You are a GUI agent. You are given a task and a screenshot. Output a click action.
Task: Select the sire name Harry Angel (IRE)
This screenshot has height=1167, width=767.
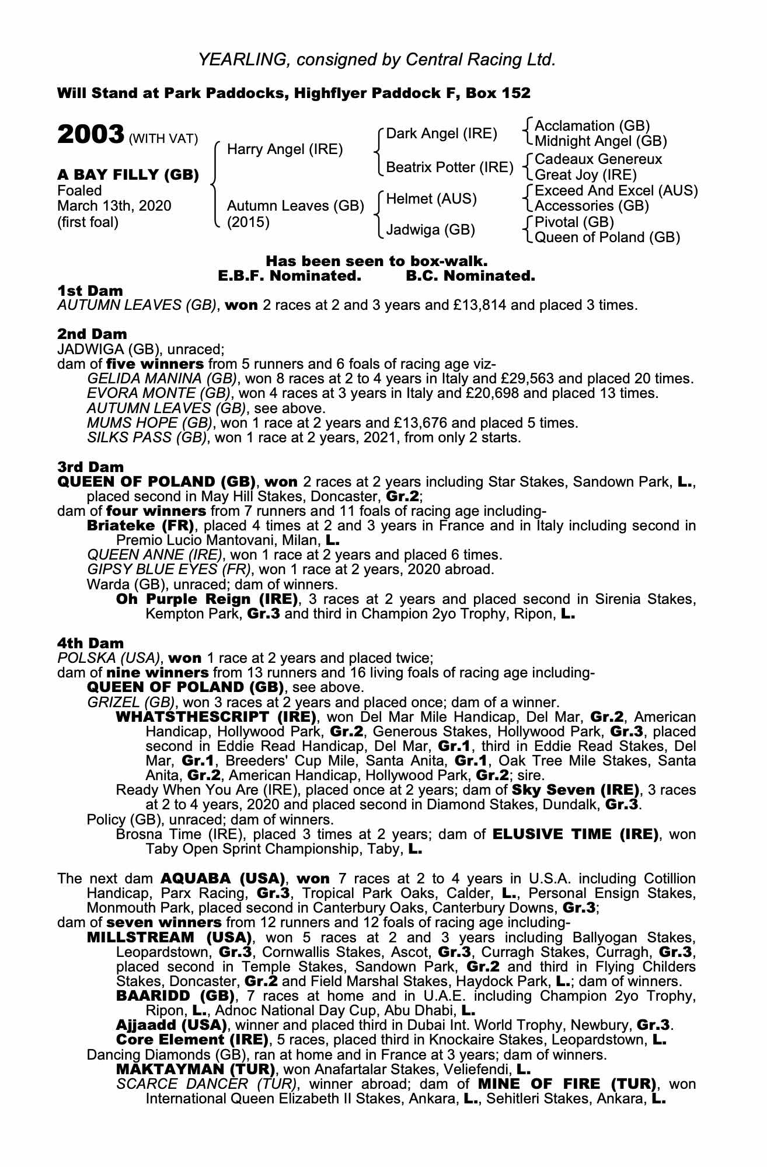point(284,149)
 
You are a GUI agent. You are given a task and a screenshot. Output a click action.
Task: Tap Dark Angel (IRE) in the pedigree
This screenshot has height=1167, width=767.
point(442,134)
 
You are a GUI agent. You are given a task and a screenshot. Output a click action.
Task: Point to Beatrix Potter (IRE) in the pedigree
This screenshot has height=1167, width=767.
point(449,167)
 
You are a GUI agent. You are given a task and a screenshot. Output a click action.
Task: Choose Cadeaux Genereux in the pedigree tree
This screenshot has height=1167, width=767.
point(598,159)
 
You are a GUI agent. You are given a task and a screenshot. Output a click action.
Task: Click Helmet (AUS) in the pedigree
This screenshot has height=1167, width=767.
point(431,199)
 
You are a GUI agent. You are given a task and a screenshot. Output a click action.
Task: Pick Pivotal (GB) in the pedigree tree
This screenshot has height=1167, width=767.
point(574,222)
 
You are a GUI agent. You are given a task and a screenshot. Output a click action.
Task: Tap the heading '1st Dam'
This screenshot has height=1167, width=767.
point(90,291)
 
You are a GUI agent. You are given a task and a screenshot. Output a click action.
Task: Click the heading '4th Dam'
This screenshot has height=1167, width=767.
point(90,643)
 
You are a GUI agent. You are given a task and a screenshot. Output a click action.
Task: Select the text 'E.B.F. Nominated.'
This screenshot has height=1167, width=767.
point(290,276)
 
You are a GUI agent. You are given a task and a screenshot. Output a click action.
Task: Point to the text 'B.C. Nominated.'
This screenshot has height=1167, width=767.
point(470,276)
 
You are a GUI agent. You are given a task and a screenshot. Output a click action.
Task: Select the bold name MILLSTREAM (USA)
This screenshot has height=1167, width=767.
point(169,938)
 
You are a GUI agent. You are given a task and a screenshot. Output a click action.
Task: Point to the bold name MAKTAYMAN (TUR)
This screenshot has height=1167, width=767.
point(196,1070)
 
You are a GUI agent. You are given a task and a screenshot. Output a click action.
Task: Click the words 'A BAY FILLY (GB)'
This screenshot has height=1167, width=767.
point(128,174)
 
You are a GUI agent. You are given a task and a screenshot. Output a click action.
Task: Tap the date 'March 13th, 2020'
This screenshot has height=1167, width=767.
point(114,206)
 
